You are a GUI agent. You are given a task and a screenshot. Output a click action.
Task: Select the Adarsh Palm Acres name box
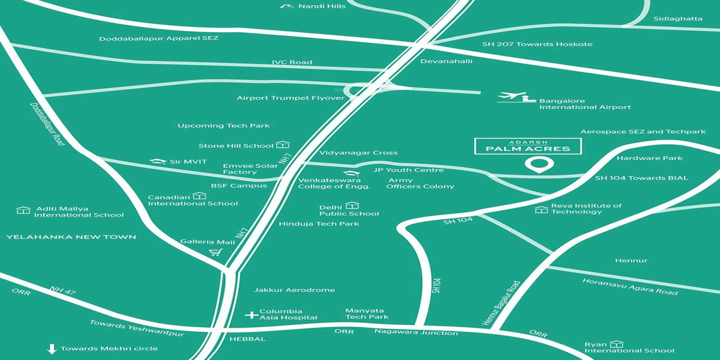(x=528, y=146)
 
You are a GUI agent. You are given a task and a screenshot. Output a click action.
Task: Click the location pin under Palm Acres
(x=539, y=164)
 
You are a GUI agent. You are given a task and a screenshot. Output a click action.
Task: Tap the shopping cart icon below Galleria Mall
(x=216, y=252)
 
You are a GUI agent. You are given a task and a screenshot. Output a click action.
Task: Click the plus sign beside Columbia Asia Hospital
(x=251, y=315)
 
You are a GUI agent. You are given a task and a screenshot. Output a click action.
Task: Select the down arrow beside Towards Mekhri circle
(x=52, y=349)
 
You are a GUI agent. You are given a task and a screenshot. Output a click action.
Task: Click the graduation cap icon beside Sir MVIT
(x=158, y=162)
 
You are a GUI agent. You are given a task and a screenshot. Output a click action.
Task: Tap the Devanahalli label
(x=446, y=61)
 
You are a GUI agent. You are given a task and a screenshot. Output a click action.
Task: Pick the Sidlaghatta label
(x=678, y=18)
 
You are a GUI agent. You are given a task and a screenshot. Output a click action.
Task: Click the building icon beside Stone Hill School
(x=282, y=145)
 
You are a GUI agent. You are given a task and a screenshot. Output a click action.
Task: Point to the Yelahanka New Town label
(x=71, y=237)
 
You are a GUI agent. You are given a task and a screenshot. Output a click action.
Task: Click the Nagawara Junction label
(x=416, y=333)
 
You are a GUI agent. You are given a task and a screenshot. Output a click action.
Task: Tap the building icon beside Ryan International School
(x=617, y=344)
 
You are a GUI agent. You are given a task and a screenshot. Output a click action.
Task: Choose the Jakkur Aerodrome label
(x=294, y=290)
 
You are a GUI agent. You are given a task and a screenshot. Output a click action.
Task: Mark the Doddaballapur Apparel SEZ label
(x=158, y=38)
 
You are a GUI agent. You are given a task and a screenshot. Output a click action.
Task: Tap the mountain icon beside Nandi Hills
(x=287, y=6)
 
